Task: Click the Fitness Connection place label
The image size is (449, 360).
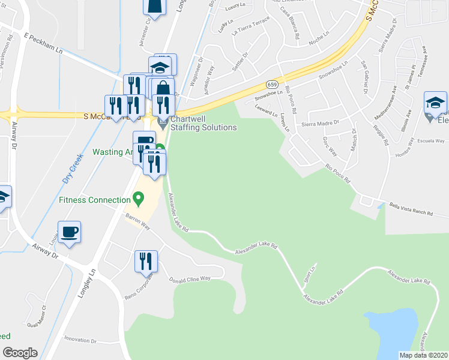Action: coord(95,200)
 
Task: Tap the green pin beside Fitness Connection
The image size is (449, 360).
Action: coord(139,197)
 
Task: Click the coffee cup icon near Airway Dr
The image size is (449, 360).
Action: coord(70,232)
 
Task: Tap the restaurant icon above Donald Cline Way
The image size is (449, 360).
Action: coord(146,262)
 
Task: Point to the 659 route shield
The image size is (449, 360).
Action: coord(272,84)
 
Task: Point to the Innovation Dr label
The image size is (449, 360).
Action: coord(80,340)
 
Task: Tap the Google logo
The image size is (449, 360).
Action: coord(20,353)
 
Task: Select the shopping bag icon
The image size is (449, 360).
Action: coord(163,89)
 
